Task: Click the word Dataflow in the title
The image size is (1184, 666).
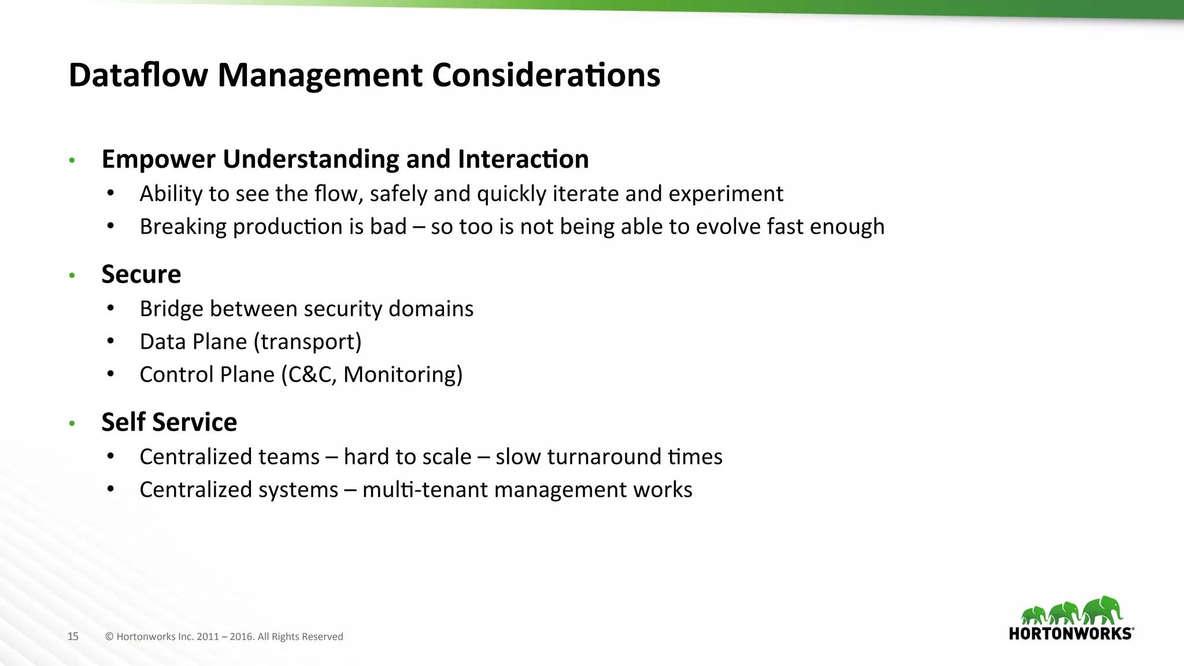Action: point(138,75)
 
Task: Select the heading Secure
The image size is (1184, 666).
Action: point(141,274)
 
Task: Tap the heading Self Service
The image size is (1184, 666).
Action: point(169,422)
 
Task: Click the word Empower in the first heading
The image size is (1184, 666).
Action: point(158,160)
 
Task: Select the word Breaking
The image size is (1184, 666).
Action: point(183,227)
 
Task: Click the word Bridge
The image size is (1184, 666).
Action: point(171,309)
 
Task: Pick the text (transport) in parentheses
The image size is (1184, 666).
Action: point(308,342)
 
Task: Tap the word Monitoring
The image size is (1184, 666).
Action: point(402,375)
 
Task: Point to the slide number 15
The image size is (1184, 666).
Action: point(73,637)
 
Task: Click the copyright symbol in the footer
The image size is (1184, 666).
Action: point(109,637)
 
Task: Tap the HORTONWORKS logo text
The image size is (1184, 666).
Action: point(1070,634)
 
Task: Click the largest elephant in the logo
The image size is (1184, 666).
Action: point(1102,610)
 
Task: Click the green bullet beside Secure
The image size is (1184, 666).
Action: point(72,276)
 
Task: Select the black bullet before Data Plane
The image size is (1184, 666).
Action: point(110,341)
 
